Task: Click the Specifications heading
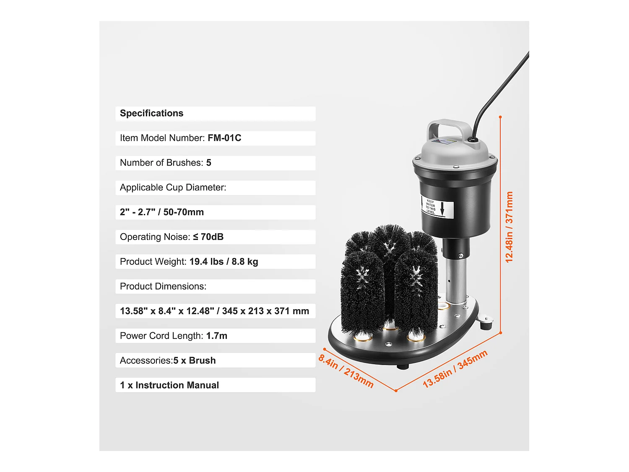[x=151, y=113]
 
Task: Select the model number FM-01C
[x=224, y=138]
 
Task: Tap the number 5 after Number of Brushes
[x=208, y=163]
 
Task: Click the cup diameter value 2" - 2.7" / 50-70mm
[x=162, y=212]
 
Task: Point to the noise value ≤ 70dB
[x=208, y=237]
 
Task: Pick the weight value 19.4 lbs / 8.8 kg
[x=224, y=262]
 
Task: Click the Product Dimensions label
[x=163, y=287]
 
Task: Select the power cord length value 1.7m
[x=216, y=336]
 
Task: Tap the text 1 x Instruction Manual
[x=169, y=385]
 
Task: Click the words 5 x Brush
[x=195, y=361]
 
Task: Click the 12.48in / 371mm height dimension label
[x=509, y=227]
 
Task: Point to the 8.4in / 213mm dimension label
[x=346, y=371]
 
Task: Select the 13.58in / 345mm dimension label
[x=455, y=369]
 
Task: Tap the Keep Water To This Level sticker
[x=437, y=207]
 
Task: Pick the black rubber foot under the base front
[x=403, y=366]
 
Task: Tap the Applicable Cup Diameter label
[x=173, y=188]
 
